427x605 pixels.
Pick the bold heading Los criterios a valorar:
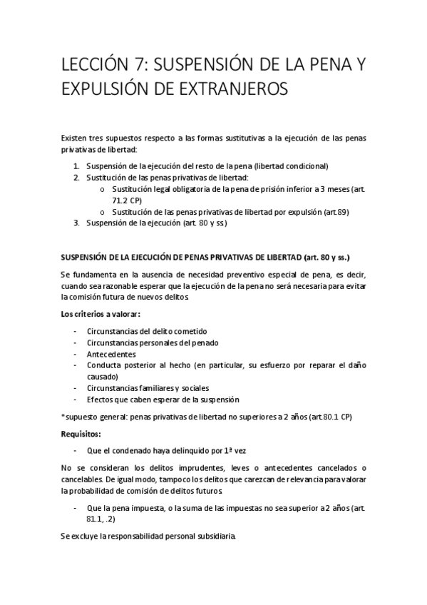pos(99,314)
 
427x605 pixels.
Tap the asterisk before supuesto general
pos(63,417)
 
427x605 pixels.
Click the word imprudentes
pos(162,467)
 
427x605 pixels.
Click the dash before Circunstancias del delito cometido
pos(75,330)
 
